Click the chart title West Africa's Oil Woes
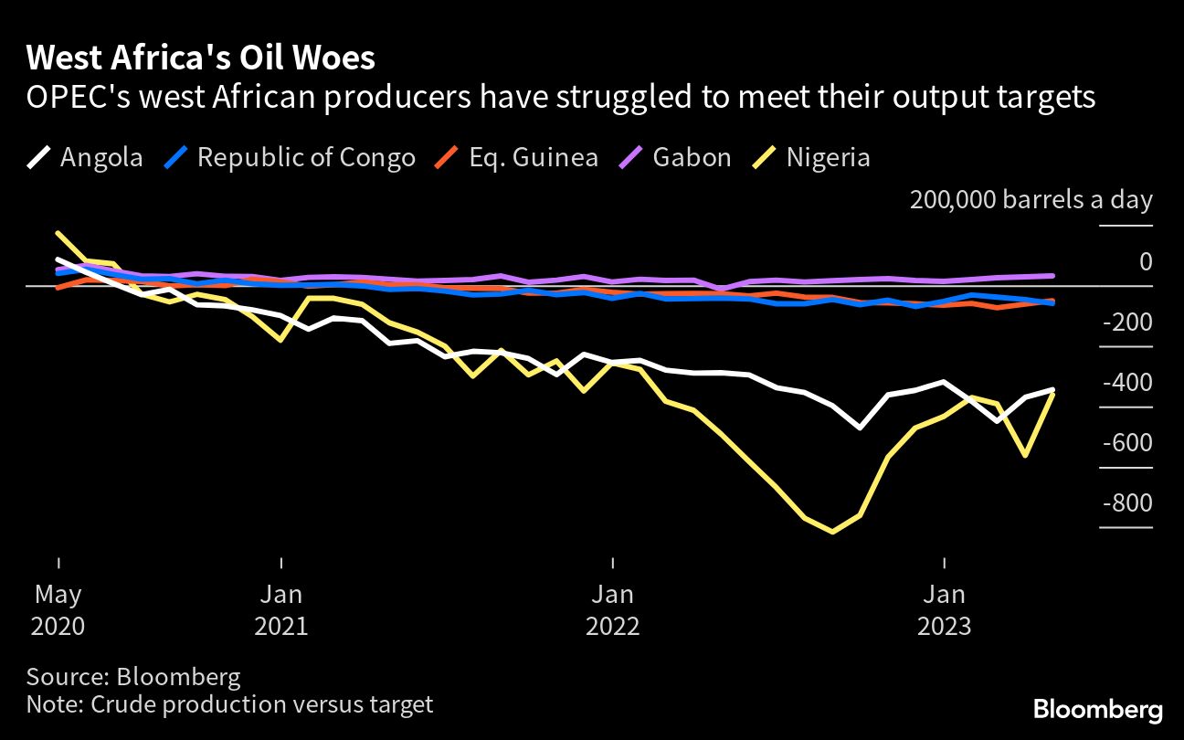(200, 58)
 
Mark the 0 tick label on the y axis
(1145, 262)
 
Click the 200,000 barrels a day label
(1031, 200)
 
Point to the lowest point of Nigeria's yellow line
(832, 531)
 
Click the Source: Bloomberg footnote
(133, 677)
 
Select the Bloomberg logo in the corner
(1098, 709)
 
